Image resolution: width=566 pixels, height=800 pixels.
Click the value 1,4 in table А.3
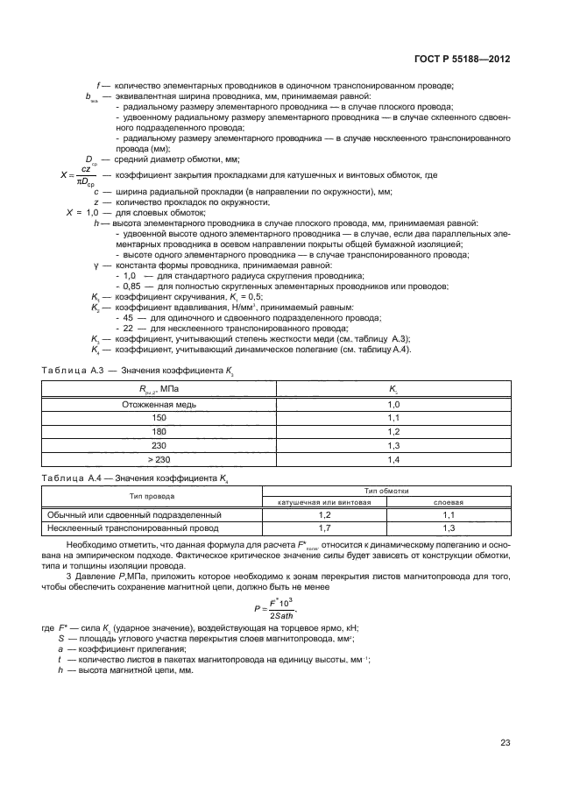393,460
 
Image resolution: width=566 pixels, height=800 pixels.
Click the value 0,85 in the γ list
131,287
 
